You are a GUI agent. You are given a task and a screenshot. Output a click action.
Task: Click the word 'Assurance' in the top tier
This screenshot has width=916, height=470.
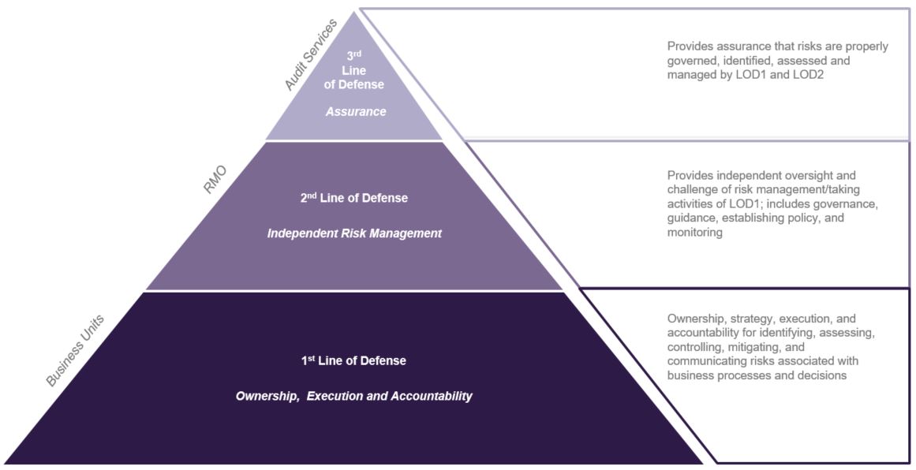(356, 112)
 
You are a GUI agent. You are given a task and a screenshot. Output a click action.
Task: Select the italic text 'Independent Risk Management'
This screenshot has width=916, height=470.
(354, 233)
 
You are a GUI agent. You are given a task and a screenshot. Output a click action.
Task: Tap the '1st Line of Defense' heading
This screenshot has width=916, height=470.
(353, 361)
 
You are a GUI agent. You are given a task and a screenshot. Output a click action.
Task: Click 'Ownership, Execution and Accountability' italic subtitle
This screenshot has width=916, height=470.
(353, 396)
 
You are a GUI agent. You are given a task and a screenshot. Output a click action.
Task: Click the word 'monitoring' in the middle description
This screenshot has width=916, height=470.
(695, 233)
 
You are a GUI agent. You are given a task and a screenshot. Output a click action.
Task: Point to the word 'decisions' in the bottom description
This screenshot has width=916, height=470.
(821, 376)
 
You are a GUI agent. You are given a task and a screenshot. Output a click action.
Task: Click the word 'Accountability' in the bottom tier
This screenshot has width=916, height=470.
(432, 396)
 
